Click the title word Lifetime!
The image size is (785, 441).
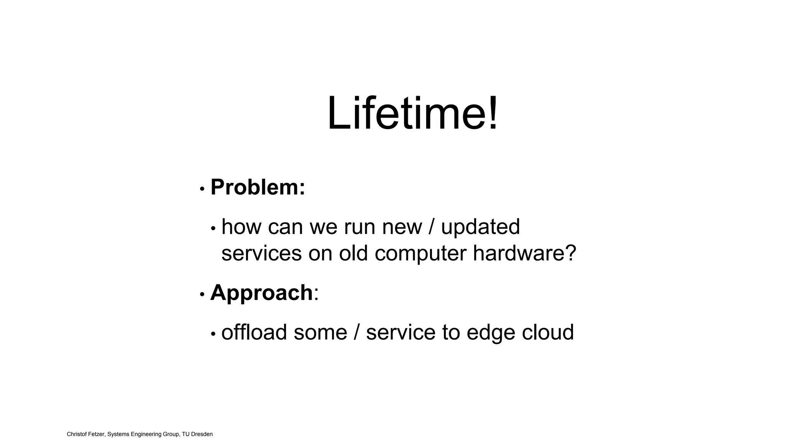point(412,114)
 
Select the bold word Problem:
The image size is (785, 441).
point(258,187)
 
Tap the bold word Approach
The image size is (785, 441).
point(261,292)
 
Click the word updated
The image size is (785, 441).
point(480,227)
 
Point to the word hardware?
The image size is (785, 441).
point(524,253)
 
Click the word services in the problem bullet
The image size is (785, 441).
point(261,253)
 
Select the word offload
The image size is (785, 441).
point(254,332)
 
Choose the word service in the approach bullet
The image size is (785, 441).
point(401,332)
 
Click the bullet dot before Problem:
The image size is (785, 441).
point(202,189)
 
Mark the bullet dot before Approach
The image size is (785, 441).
point(202,294)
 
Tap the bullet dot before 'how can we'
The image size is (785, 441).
point(213,229)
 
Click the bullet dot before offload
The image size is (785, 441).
point(213,334)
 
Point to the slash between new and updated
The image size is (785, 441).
point(432,227)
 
